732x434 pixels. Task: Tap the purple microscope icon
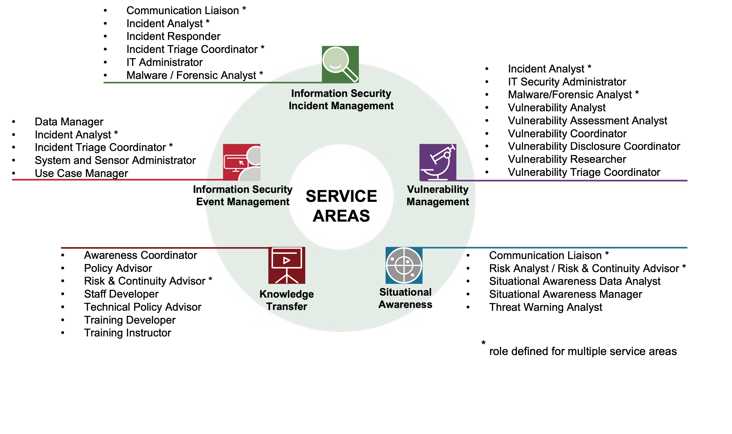click(x=438, y=162)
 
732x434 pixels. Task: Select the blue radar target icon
click(x=404, y=265)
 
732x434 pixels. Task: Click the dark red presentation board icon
click(x=287, y=265)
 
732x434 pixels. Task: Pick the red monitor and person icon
click(x=241, y=162)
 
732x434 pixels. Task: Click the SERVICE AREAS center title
click(x=341, y=206)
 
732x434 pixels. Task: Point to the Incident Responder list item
click(x=173, y=36)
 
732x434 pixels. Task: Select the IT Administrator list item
click(x=164, y=62)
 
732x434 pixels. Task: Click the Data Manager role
click(x=69, y=122)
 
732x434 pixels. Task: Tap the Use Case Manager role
click(x=81, y=173)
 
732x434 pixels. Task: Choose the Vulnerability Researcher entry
click(x=567, y=159)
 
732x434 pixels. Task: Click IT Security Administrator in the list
click(x=567, y=82)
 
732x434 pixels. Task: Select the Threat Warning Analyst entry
click(x=545, y=307)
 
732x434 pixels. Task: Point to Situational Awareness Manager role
click(x=565, y=294)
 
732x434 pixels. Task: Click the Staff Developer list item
click(x=121, y=294)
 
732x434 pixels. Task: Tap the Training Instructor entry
click(x=128, y=333)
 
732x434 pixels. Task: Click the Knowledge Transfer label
click(x=287, y=300)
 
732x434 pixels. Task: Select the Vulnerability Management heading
click(x=438, y=195)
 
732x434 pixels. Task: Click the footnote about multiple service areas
click(x=583, y=351)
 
